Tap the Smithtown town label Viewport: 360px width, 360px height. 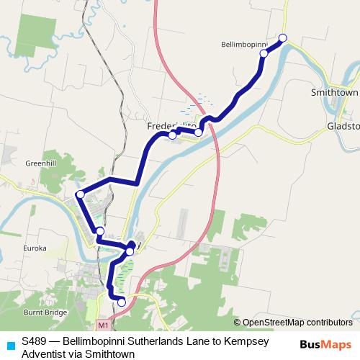pyautogui.click(x=334, y=93)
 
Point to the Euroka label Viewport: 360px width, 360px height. pyautogui.click(x=34, y=248)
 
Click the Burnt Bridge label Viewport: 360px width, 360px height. pyautogui.click(x=44, y=312)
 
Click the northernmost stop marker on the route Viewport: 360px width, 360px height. pyautogui.click(x=283, y=38)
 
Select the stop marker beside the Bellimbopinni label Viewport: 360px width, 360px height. pyautogui.click(x=264, y=54)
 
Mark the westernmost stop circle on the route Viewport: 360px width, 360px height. pyautogui.click(x=81, y=194)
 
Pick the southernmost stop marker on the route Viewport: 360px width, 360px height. pyautogui.click(x=122, y=302)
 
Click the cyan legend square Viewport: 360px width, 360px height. pyautogui.click(x=9, y=344)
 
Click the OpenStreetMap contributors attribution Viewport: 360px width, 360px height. pyautogui.click(x=297, y=322)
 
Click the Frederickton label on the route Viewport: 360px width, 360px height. pyautogui.click(x=171, y=126)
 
